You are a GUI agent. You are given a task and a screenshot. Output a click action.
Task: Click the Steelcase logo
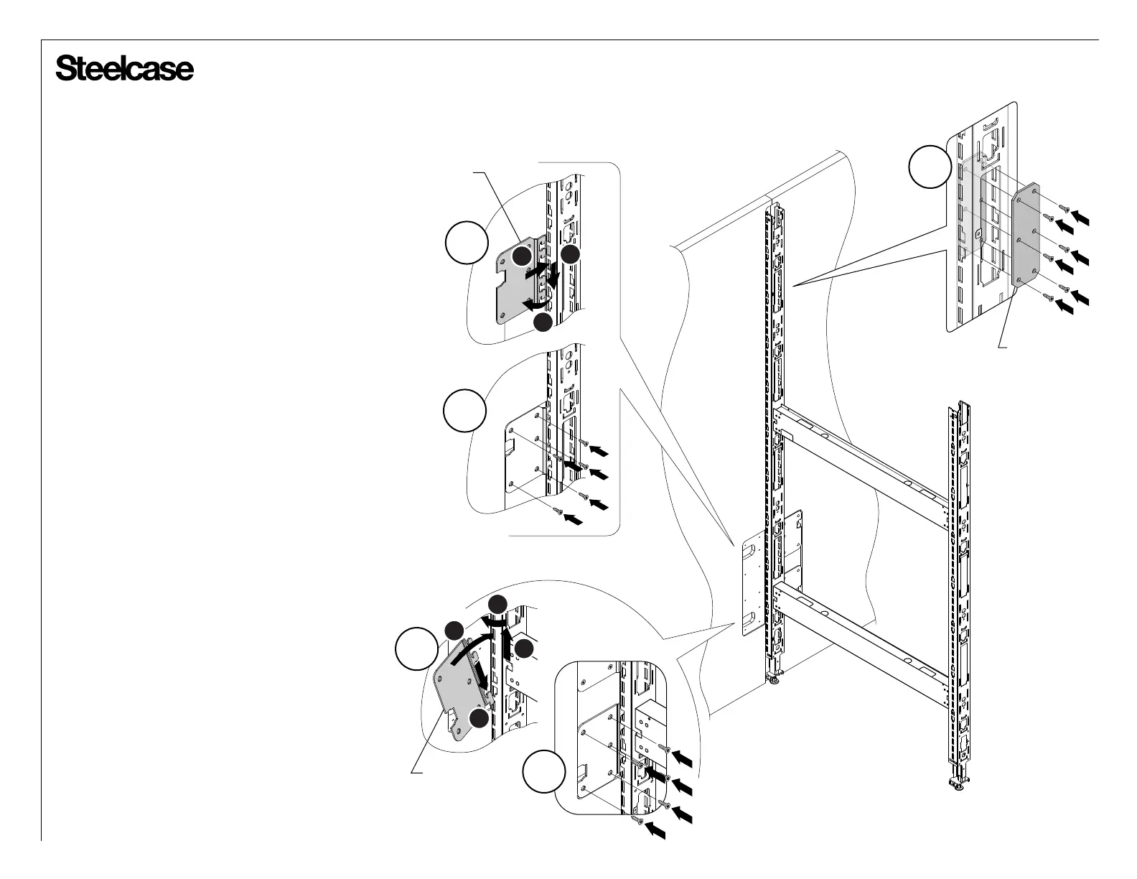coord(124,70)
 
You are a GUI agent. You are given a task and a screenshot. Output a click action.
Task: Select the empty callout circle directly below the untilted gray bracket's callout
coord(464,411)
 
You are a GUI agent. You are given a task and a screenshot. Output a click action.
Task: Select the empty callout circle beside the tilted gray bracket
coord(417,648)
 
